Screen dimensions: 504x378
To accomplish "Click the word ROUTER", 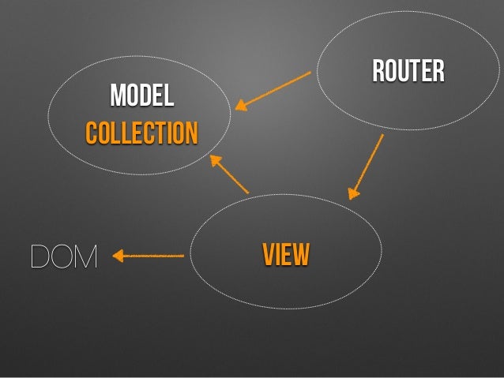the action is pos(408,72).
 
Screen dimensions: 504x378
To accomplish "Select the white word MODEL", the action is pos(141,96).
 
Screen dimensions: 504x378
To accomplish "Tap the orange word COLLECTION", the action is pos(141,133).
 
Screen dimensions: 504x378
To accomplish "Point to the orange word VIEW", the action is pos(286,255).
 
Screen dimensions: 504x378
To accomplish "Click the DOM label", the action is pos(63,256).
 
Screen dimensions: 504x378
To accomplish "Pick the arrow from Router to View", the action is pos(367,166).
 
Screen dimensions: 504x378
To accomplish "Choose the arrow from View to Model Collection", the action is pos(230,174).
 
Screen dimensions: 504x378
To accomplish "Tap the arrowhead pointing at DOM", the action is pos(118,256).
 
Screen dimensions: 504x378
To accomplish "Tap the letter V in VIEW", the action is pos(269,255).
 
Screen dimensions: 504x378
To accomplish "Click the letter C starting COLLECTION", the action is pos(91,133).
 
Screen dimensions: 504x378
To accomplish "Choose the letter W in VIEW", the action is pos(301,255).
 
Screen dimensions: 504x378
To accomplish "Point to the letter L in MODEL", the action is pos(168,96).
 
